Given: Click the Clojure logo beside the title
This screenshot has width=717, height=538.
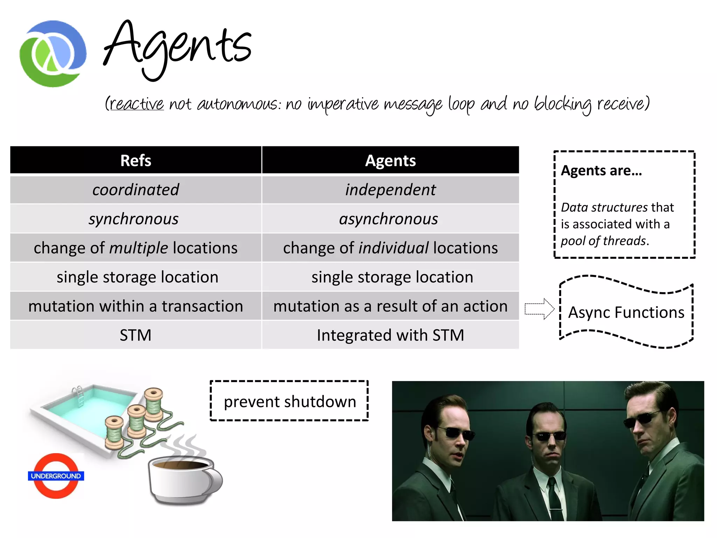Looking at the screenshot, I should click(53, 54).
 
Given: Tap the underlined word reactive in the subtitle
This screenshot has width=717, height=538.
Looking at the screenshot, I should click(137, 104).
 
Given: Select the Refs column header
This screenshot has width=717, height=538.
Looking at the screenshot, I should click(135, 160).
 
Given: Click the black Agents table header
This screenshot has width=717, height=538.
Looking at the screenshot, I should click(390, 160).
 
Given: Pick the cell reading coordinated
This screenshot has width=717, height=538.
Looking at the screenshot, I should click(135, 189).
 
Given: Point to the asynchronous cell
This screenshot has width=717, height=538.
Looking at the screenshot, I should click(389, 219).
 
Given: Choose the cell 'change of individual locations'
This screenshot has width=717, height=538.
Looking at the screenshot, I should click(390, 248).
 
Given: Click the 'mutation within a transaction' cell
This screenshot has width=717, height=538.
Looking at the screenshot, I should click(135, 306).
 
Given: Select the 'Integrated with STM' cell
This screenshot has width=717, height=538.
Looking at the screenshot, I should click(390, 335).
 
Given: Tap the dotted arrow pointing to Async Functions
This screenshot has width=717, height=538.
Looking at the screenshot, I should click(540, 309).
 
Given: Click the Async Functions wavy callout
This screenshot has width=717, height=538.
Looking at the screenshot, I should click(626, 312).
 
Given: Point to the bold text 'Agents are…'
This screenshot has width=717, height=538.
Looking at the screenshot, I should click(601, 171).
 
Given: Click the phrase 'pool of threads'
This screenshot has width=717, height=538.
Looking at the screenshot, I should click(604, 241).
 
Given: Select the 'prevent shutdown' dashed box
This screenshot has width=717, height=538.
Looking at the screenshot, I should click(289, 401).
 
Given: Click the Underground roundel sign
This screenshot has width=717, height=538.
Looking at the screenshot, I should click(56, 476).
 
